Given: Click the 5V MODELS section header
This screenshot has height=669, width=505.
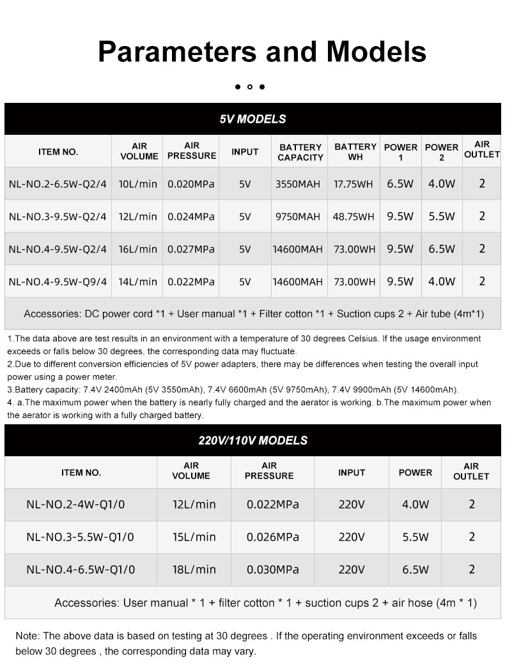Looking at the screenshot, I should pyautogui.click(x=252, y=119).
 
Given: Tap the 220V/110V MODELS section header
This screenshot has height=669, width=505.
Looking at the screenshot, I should pyautogui.click(x=252, y=440).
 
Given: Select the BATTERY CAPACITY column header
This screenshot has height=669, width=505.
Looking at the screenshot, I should pyautogui.click(x=300, y=152).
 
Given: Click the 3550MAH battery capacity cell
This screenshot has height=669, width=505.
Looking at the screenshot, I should pyautogui.click(x=298, y=184).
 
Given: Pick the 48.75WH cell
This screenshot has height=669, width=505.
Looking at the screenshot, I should pyautogui.click(x=353, y=217).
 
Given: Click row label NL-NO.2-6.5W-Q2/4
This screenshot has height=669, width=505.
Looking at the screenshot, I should pyautogui.click(x=58, y=184).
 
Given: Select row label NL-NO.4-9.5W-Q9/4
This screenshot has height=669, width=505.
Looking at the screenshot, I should pyautogui.click(x=58, y=281).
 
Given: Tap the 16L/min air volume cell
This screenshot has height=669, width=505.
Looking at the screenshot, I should pyautogui.click(x=137, y=249).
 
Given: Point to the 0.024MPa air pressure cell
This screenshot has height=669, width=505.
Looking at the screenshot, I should pyautogui.click(x=191, y=217).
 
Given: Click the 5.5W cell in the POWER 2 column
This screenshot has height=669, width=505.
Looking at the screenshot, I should pyautogui.click(x=442, y=217).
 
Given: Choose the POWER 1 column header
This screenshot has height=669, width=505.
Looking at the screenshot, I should pyautogui.click(x=400, y=152).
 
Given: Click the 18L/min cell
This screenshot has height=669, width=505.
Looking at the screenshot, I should pyautogui.click(x=194, y=569).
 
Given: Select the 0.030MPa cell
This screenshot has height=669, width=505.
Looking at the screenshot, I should pyautogui.click(x=273, y=569).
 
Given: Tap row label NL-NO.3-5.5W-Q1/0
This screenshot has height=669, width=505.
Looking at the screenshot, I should pyautogui.click(x=81, y=537).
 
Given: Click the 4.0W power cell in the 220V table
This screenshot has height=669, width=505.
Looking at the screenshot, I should pyautogui.click(x=416, y=504).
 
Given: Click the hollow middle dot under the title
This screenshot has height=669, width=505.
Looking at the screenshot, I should pyautogui.click(x=250, y=87).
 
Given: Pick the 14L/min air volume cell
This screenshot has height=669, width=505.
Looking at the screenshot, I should pyautogui.click(x=137, y=281).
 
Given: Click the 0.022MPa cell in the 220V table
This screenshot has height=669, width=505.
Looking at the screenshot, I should pyautogui.click(x=273, y=504).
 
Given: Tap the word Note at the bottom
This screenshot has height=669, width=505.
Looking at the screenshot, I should pyautogui.click(x=27, y=636).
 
